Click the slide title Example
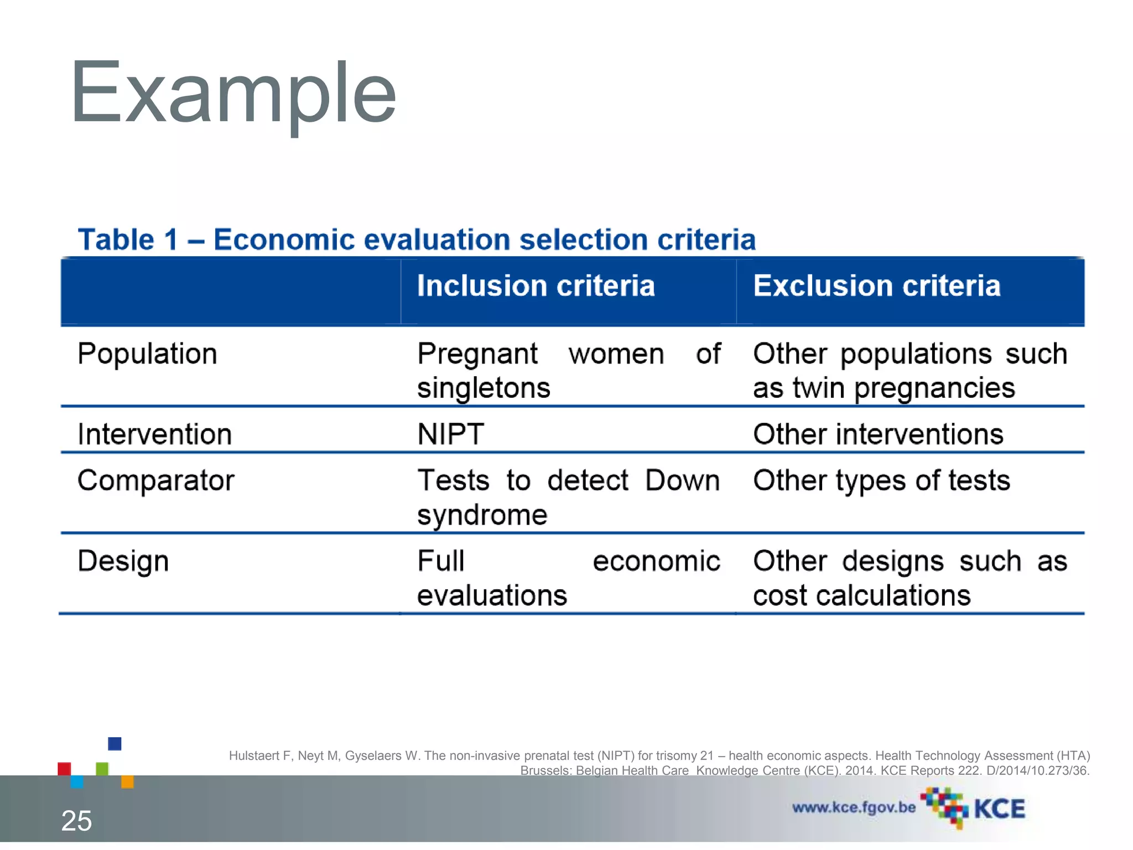[233, 93]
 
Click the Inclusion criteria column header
[536, 286]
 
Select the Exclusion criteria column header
[876, 286]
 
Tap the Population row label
[147, 354]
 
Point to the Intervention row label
[154, 434]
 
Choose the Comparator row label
[156, 480]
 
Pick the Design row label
[123, 561]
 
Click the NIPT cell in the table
[450, 434]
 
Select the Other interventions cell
[878, 434]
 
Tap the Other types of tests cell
[881, 480]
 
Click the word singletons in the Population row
[484, 388]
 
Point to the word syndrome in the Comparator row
[482, 515]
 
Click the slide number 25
[76, 821]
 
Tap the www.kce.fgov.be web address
[854, 807]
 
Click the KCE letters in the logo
[999, 809]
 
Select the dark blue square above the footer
[115, 743]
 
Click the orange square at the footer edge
[127, 781]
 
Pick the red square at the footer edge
[64, 769]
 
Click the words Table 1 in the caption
[128, 240]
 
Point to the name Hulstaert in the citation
[254, 756]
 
